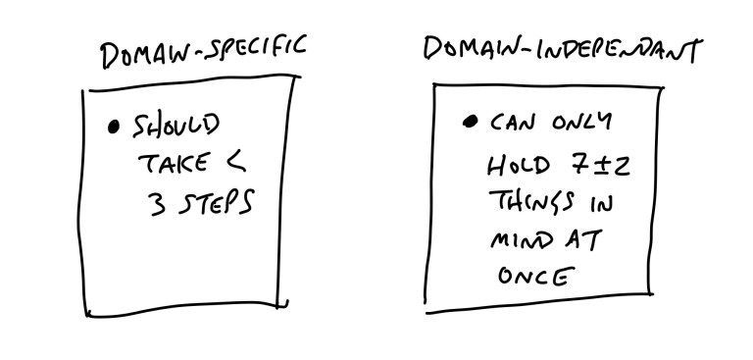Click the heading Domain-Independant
564,49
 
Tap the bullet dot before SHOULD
114,128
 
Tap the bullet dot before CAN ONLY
471,122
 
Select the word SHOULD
176,126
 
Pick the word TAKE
174,163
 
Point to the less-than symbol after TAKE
235,162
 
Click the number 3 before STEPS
158,203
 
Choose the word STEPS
216,202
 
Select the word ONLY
582,122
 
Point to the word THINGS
531,201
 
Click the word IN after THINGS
601,203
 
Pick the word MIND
521,240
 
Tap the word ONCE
536,276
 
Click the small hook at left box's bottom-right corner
283,304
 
